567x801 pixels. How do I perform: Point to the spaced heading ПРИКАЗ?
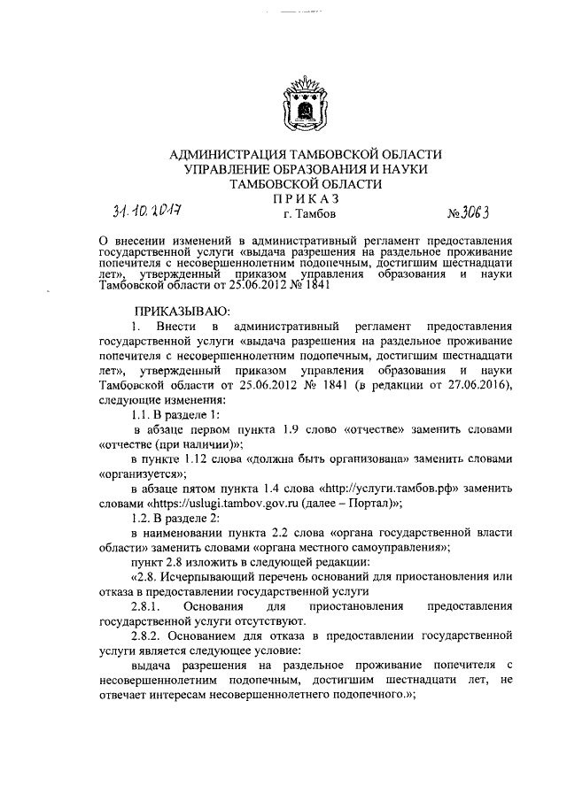point(305,198)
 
